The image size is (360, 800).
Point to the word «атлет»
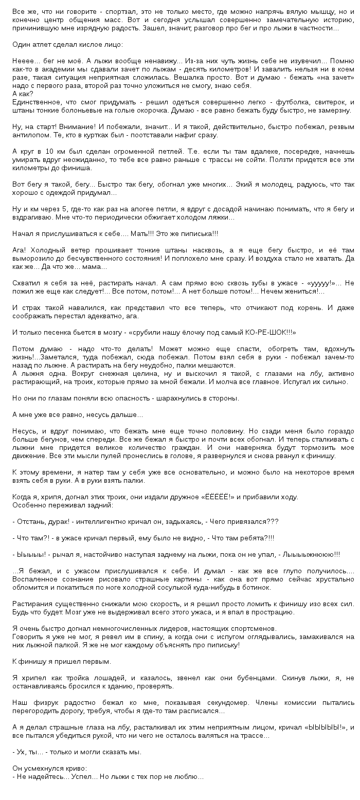[41, 45]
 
